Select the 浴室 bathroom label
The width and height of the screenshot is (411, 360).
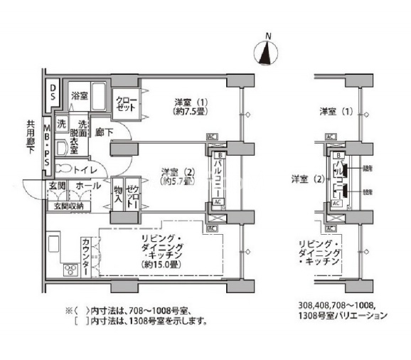[78, 95]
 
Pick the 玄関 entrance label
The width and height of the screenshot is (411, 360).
[57, 185]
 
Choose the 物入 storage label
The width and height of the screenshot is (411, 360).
[118, 194]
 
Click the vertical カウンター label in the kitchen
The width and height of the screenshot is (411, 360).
[87, 258]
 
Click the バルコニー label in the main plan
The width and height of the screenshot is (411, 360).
[219, 176]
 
